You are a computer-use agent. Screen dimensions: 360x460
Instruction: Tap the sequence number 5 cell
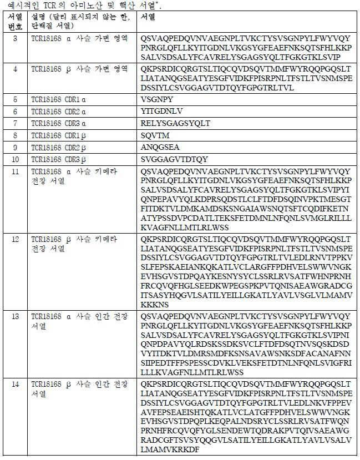click(x=15, y=99)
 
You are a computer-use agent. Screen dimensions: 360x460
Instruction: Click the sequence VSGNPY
click(x=161, y=99)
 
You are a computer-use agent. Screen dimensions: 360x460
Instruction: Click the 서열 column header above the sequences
click(x=148, y=17)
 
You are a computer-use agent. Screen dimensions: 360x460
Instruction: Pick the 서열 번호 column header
click(x=15, y=22)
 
